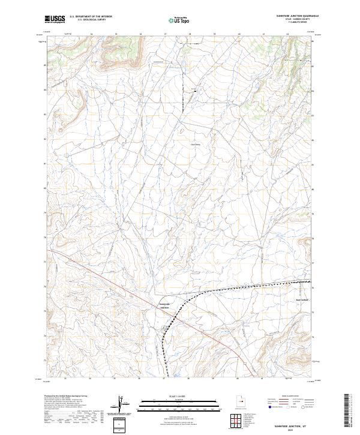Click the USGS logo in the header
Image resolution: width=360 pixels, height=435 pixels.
click(x=55, y=19)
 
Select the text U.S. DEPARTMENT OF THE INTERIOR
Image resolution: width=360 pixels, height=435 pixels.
click(x=91, y=16)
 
